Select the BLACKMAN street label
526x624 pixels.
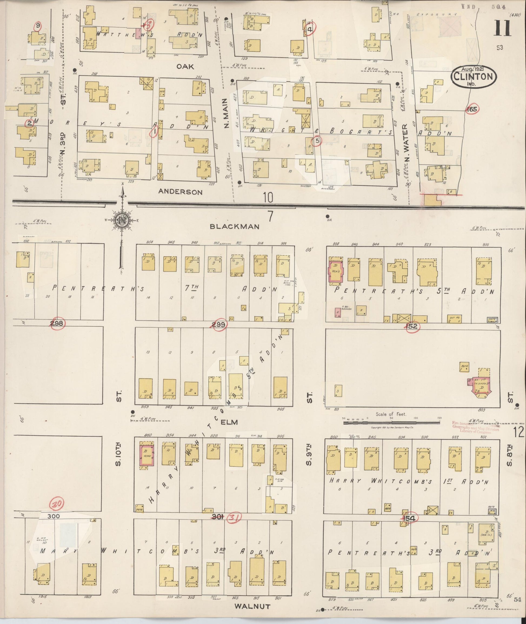(x=234, y=227)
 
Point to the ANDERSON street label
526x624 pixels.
(x=180, y=192)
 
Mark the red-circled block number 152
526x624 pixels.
(x=412, y=326)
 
